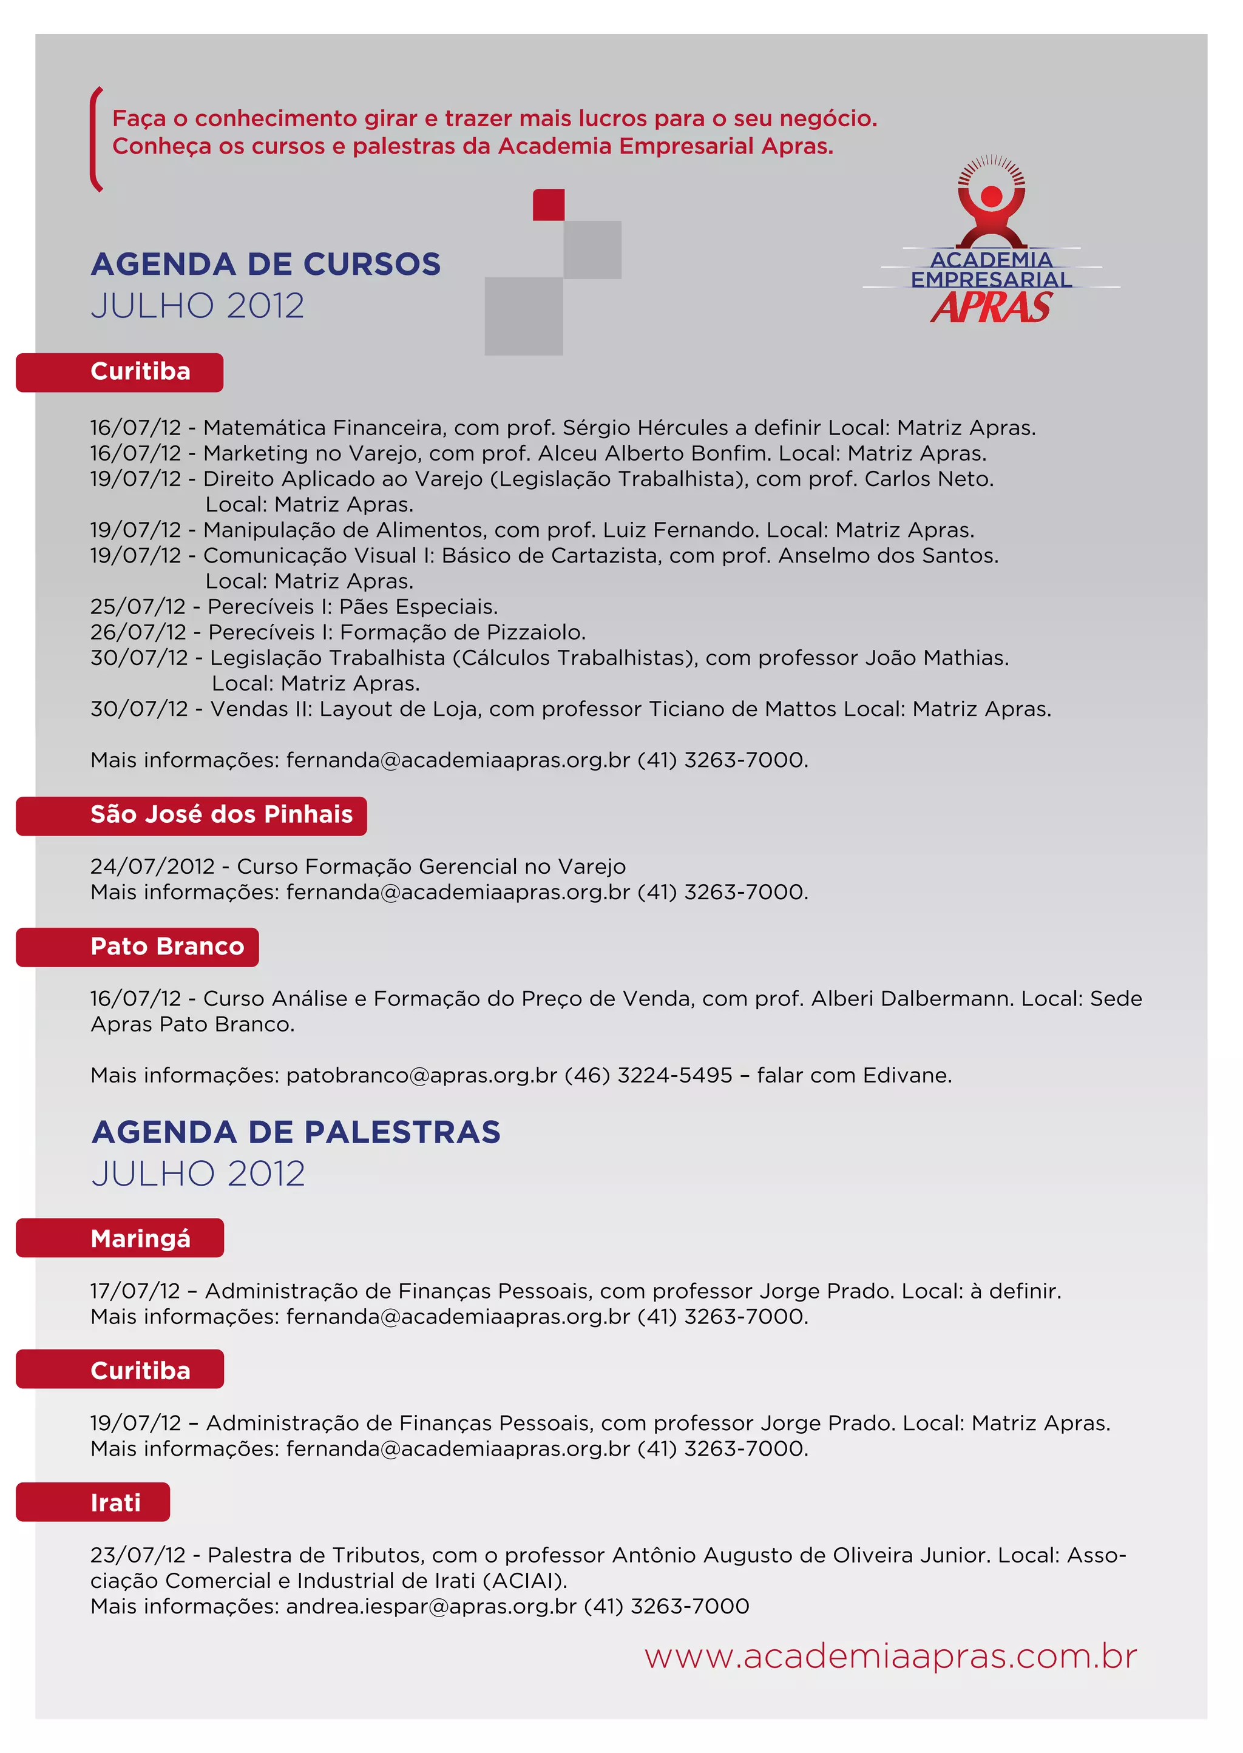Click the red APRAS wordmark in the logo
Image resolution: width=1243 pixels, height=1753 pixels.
(991, 308)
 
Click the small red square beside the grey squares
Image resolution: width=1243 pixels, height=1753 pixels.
(548, 205)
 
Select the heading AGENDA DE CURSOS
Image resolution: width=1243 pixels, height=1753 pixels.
(266, 264)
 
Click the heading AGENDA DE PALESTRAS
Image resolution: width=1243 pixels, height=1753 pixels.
(296, 1132)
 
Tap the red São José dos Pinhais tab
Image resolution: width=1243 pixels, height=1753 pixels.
(191, 815)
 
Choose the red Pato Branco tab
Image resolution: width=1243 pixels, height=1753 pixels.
(138, 947)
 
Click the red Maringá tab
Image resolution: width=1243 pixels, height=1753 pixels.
(120, 1238)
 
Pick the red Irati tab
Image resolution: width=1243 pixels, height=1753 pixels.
(93, 1502)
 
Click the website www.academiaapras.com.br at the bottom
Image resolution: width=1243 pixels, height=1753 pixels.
(890, 1657)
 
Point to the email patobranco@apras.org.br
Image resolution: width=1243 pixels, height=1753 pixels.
(421, 1075)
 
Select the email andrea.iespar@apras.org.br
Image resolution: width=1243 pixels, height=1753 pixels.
(431, 1606)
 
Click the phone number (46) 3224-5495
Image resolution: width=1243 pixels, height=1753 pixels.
(648, 1075)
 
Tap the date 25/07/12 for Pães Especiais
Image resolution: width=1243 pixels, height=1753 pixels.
(138, 607)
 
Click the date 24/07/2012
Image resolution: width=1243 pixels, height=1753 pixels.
(152, 866)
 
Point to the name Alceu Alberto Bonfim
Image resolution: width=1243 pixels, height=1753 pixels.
(654, 453)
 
